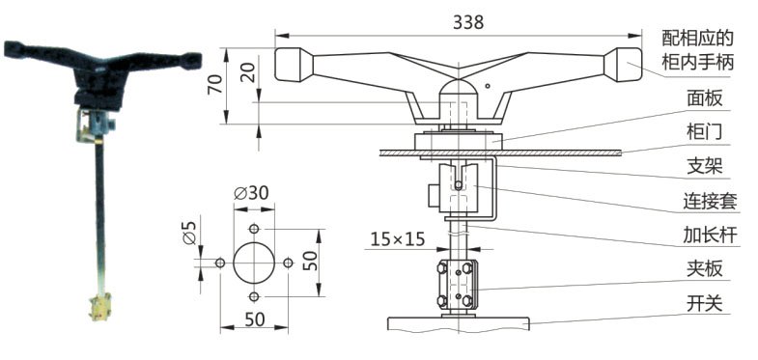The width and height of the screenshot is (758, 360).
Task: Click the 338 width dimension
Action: (x=468, y=22)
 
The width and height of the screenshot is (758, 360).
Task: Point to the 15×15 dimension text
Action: (x=398, y=238)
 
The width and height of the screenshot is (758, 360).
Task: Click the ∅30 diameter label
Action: (x=251, y=193)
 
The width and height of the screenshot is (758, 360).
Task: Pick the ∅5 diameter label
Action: (x=189, y=233)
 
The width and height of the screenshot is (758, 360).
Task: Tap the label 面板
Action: (x=704, y=98)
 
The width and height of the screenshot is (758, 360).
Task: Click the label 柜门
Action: (x=704, y=132)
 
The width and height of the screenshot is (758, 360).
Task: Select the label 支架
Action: (x=704, y=166)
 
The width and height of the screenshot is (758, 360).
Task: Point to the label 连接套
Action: (x=710, y=201)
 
